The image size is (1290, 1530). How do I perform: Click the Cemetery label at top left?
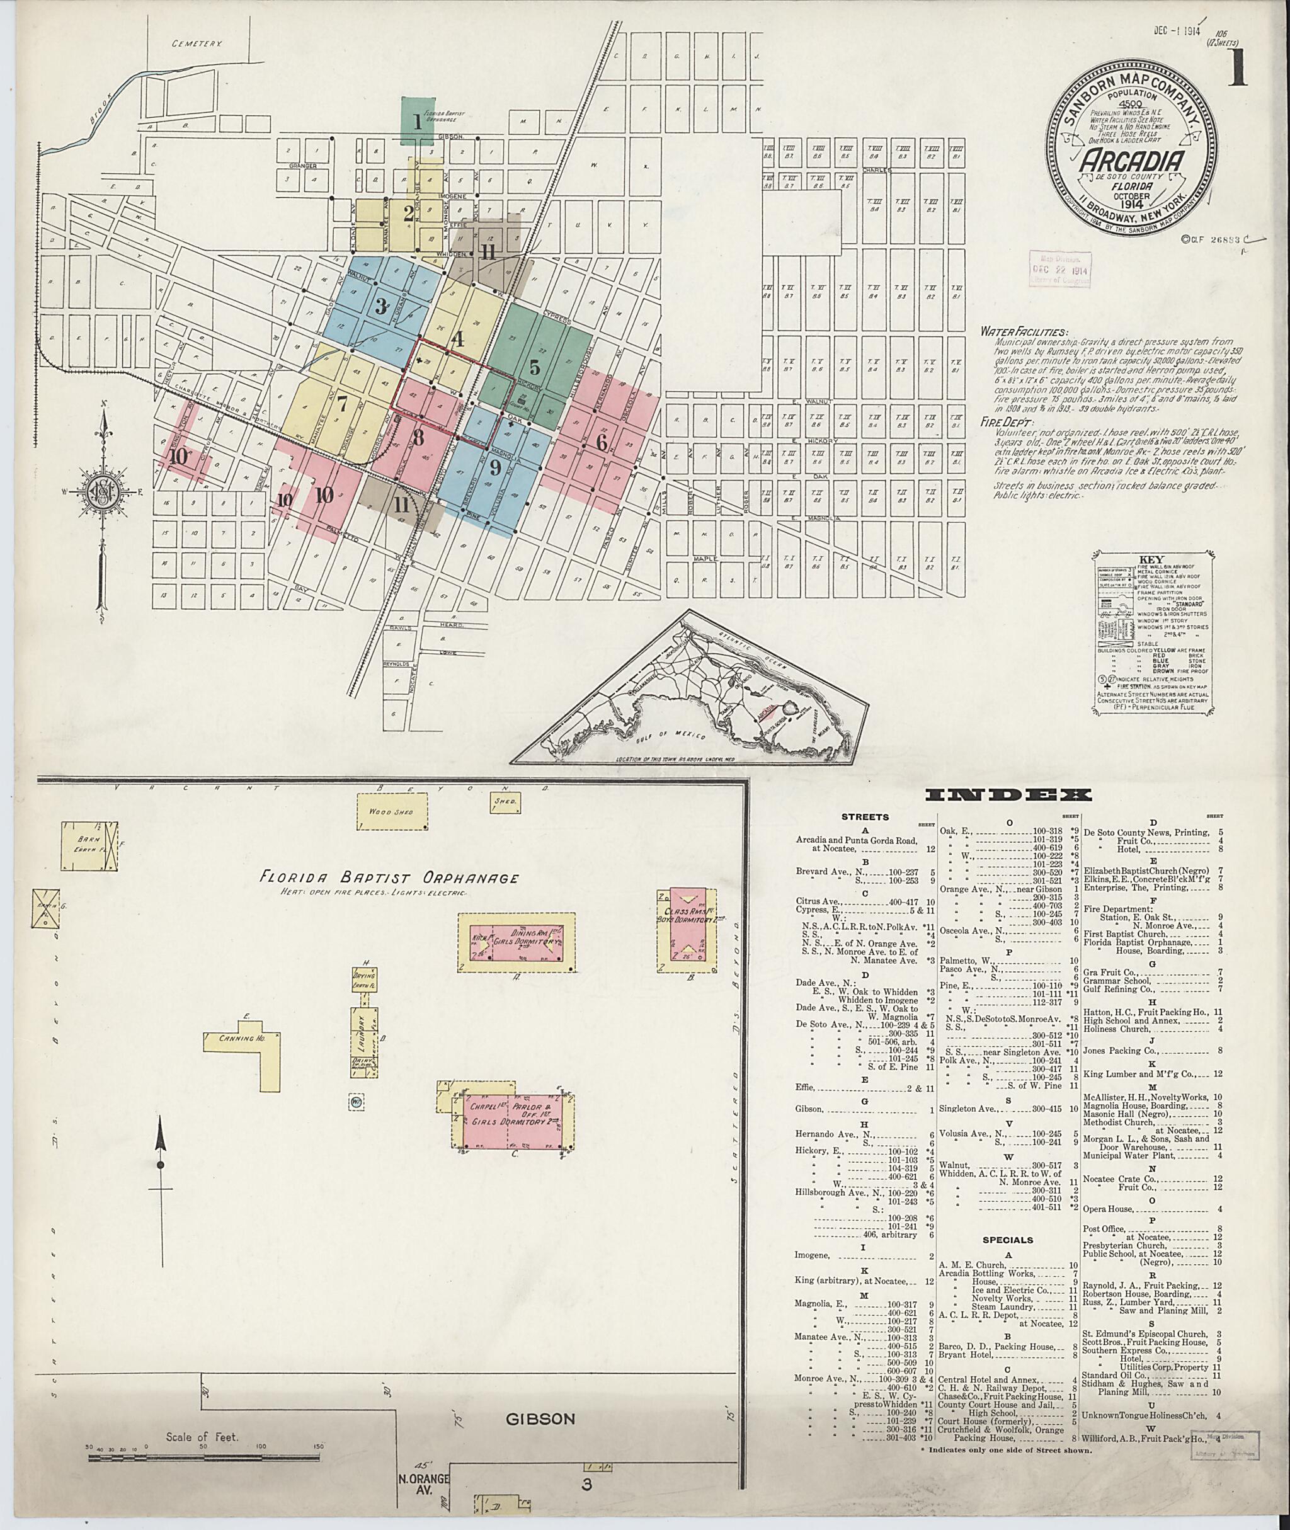click(196, 43)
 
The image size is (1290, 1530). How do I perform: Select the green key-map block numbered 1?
click(418, 122)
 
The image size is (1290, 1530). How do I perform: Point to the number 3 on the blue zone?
click(380, 306)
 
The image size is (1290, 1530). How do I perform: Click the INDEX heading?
click(1010, 796)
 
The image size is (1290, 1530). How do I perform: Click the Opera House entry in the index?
click(1112, 1209)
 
